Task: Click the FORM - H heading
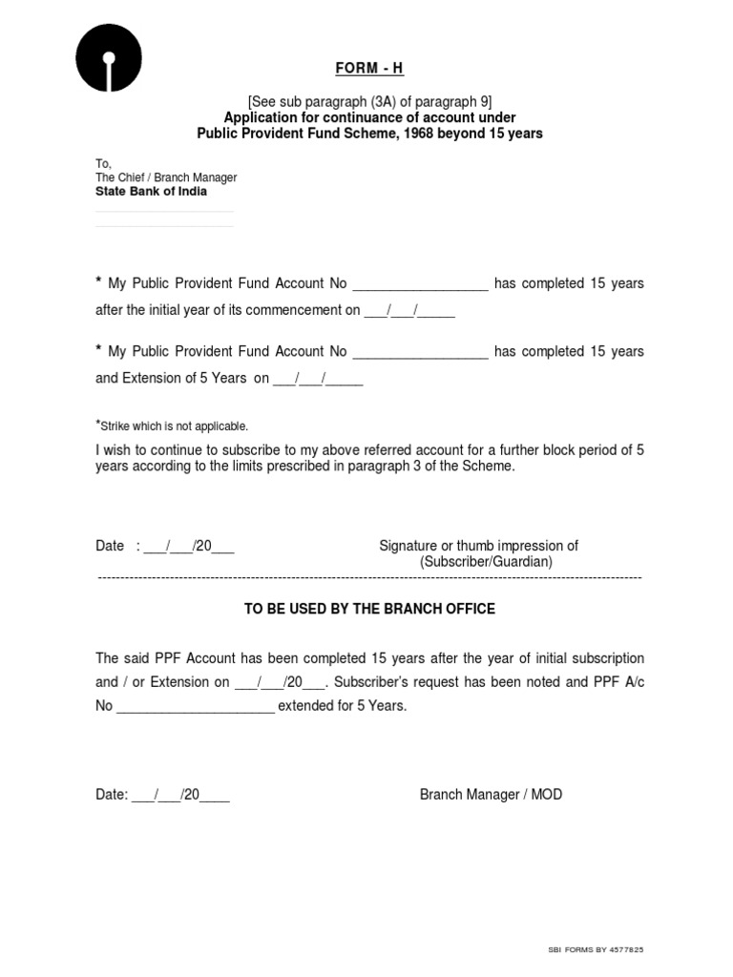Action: [x=369, y=69]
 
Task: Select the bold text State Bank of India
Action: [x=151, y=192]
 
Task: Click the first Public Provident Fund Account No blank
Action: [x=420, y=284]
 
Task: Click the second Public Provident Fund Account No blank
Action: [x=420, y=352]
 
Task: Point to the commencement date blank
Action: [x=409, y=311]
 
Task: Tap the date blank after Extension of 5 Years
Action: [x=318, y=379]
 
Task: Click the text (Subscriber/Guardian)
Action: [x=487, y=562]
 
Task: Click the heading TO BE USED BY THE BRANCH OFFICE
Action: [x=369, y=609]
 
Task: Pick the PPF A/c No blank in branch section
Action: [x=195, y=707]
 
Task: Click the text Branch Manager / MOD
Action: [x=491, y=794]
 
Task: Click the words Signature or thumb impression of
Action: [x=478, y=546]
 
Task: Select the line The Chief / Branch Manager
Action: [x=166, y=177]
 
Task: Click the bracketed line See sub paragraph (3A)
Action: [x=369, y=101]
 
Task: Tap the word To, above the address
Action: [x=103, y=164]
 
